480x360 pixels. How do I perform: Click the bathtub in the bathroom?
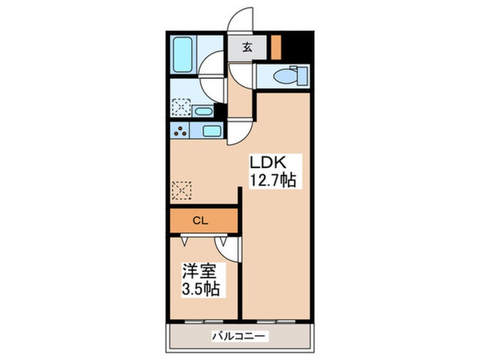183,55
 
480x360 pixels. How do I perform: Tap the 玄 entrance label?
247,48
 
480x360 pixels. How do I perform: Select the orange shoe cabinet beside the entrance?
276,48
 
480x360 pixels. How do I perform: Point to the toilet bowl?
284,76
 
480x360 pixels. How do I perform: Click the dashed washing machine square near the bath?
182,107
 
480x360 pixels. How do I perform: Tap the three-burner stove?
181,131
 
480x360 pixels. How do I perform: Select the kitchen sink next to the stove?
210,132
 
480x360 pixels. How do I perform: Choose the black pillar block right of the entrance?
296,48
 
